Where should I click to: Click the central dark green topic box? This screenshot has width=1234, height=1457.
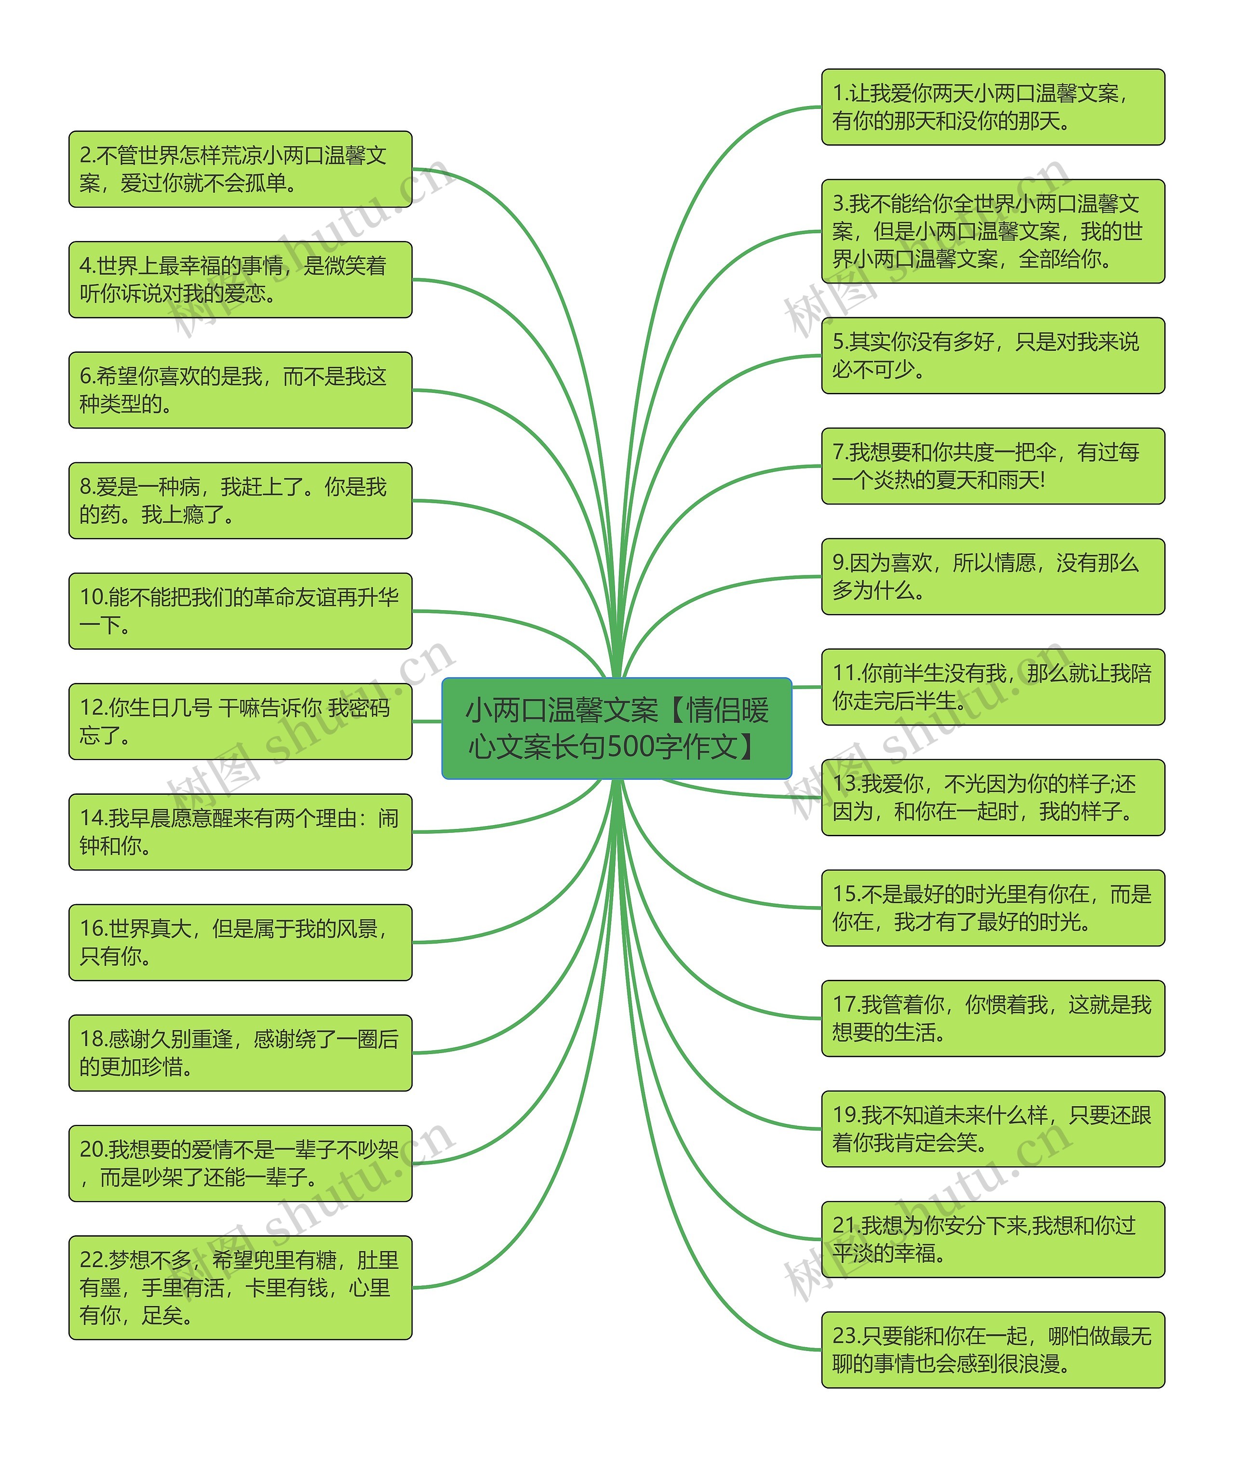[617, 727]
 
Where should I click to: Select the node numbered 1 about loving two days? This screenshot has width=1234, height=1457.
[992, 107]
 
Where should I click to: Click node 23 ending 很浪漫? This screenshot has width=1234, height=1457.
[992, 1350]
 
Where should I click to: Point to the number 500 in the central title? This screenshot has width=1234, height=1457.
[631, 747]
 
